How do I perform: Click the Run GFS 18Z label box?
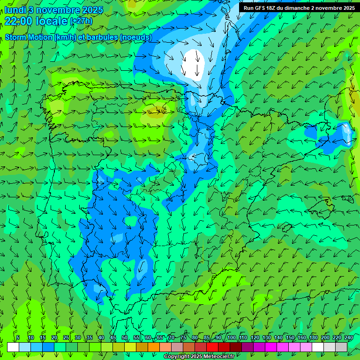(x=299, y=8)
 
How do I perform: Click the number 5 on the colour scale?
(x=18, y=337)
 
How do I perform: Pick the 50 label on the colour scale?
(x=124, y=337)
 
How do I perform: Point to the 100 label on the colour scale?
(x=231, y=337)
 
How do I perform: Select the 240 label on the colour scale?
(x=348, y=337)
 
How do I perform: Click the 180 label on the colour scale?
(x=314, y=337)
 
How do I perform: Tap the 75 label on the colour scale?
(x=183, y=337)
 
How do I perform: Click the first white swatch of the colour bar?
(x=13, y=347)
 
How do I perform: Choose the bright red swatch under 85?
(x=212, y=347)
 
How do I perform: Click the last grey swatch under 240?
(x=341, y=347)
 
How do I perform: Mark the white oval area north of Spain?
(x=194, y=62)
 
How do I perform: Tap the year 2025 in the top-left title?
(x=92, y=10)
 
